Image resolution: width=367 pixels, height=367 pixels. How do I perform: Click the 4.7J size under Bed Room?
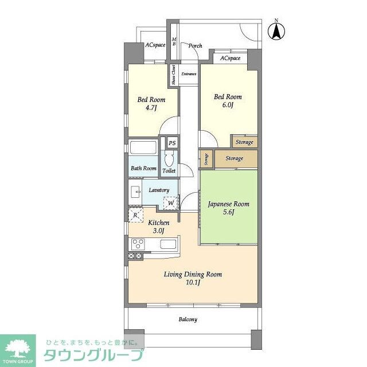(150, 107)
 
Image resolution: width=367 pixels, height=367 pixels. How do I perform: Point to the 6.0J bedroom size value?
(228, 105)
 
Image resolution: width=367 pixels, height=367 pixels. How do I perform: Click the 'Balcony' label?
(188, 319)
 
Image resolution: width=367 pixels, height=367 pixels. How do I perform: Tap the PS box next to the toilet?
(171, 143)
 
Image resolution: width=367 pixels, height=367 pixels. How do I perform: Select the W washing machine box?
(171, 202)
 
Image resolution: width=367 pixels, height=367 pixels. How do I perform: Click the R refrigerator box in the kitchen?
(135, 215)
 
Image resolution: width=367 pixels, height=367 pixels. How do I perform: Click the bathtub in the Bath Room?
(143, 147)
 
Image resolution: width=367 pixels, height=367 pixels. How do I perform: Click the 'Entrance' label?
(189, 74)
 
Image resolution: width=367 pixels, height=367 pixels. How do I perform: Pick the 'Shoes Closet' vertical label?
(173, 75)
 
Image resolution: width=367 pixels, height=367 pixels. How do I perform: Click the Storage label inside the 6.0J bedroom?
(244, 142)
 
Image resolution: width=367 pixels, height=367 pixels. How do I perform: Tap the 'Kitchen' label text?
(159, 222)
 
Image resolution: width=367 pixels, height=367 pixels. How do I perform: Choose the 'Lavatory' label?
(159, 190)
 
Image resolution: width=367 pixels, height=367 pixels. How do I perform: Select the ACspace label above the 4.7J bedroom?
(155, 45)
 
